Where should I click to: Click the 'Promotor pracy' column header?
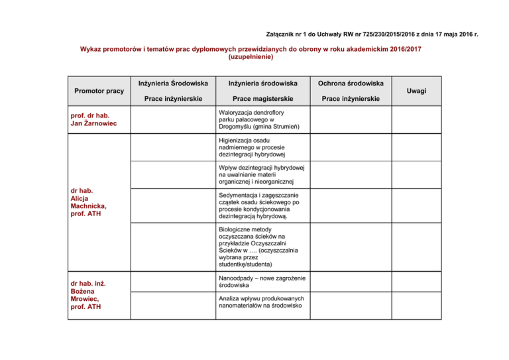point(100,90)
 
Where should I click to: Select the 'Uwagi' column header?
point(418,90)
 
